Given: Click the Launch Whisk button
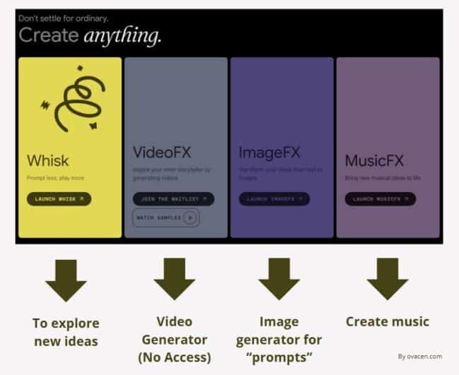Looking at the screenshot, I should [59, 199].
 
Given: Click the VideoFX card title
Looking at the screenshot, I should [162, 153].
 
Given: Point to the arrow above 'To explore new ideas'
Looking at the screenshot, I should [66, 279].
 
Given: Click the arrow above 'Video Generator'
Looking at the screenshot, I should [174, 279].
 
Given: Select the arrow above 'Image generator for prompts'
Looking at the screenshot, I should [279, 279].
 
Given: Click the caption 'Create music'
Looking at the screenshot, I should [387, 322].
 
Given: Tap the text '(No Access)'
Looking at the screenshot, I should [173, 357].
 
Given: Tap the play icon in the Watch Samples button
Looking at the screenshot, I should [189, 218].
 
